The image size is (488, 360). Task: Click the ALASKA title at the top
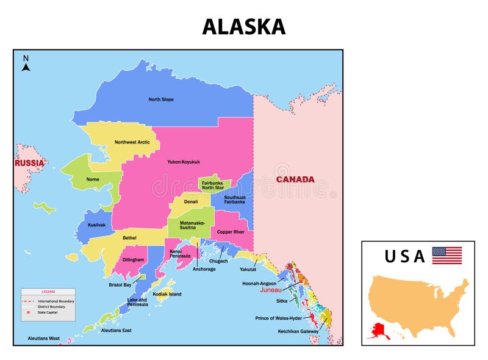tap(243, 26)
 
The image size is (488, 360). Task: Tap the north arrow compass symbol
tap(26, 64)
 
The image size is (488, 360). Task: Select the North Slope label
tap(161, 99)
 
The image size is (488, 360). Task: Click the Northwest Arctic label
tap(132, 142)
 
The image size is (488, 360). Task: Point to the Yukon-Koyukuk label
tap(184, 162)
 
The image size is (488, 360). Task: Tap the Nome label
tap(93, 179)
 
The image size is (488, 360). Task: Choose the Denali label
tap(191, 202)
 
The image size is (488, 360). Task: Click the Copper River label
tap(231, 232)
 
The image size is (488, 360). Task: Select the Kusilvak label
tap(96, 225)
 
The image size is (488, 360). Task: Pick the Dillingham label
tap(132, 259)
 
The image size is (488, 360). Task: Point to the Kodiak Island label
tap(167, 294)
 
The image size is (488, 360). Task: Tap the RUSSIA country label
tap(29, 163)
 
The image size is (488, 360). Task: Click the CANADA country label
tap(295, 179)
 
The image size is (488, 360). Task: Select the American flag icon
tap(447, 255)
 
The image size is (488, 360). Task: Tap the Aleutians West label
tap(44, 337)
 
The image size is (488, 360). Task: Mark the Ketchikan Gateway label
tap(296, 331)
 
